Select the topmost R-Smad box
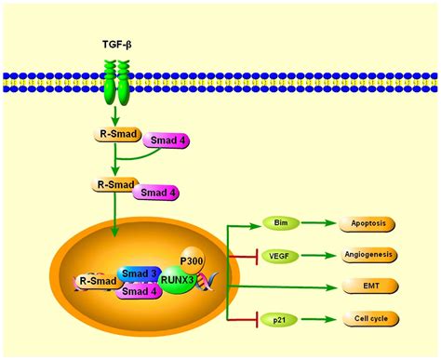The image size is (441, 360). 120,134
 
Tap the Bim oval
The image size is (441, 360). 279,223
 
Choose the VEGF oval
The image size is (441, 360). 279,254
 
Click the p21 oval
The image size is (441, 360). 279,319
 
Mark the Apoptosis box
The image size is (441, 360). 372,223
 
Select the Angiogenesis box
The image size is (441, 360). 372,254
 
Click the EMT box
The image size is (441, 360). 372,286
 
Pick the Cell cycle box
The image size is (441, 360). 372,319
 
